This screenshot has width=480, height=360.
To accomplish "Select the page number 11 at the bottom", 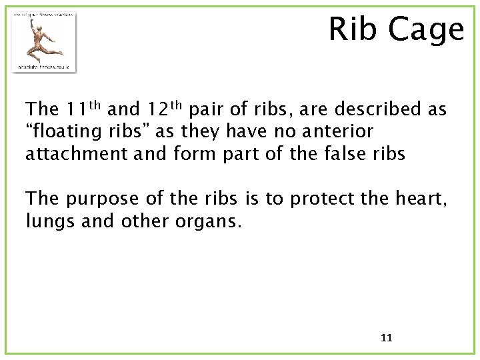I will click(x=386, y=338).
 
